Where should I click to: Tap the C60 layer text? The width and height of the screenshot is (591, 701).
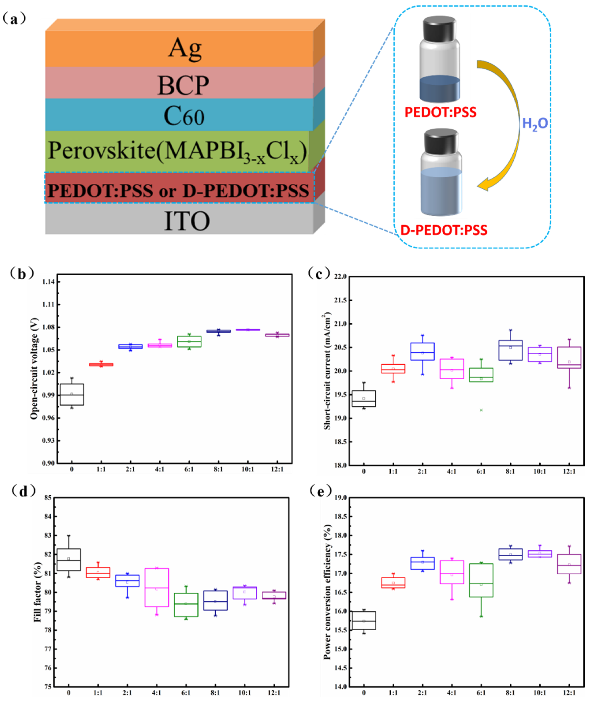point(184,116)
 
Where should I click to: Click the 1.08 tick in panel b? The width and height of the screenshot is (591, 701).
point(49,327)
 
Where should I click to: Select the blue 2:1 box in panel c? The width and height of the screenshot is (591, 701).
point(423,352)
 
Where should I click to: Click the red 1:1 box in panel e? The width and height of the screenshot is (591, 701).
point(393,583)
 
